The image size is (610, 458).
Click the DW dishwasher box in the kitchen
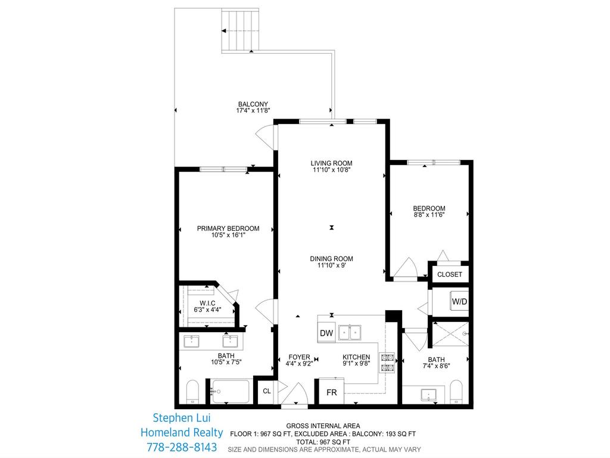326,333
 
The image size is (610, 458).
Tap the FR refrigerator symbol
331,393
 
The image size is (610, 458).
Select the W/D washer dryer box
459,302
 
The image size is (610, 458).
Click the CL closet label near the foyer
267,391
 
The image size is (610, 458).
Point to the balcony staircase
241,30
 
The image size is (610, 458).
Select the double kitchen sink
350,332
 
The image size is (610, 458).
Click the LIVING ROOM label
331,163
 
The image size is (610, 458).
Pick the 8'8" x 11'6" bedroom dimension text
429,215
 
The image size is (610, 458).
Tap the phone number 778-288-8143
181,447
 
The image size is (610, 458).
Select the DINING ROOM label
331,259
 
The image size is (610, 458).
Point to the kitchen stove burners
388,363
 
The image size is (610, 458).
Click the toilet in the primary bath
192,392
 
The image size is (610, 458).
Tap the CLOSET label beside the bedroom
449,274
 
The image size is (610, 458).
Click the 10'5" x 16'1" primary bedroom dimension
228,235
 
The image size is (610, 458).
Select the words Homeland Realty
181,432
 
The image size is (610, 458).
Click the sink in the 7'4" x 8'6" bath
428,395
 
